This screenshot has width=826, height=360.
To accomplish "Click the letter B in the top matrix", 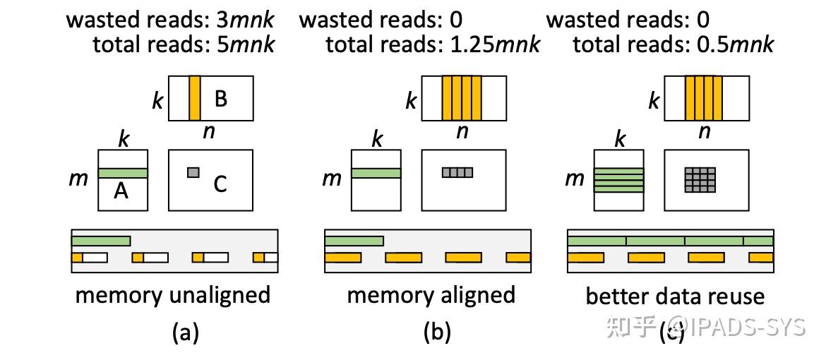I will (x=220, y=99).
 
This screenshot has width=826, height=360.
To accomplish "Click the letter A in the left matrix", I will (x=121, y=191).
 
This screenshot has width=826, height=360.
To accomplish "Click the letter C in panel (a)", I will (x=220, y=185).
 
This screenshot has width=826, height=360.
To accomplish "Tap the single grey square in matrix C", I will (x=193, y=172).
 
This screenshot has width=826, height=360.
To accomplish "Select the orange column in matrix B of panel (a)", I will (x=195, y=98).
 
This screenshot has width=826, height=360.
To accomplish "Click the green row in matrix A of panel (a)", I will (x=123, y=173).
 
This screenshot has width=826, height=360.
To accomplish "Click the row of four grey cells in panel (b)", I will (x=457, y=172).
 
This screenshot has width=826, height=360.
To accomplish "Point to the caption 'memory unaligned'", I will (x=172, y=294).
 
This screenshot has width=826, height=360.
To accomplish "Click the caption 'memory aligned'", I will (x=431, y=294).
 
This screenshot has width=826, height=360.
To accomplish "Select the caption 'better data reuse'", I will (x=674, y=296).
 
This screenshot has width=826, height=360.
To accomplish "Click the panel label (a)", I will (x=185, y=332).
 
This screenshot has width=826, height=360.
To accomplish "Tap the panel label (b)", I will (x=436, y=332).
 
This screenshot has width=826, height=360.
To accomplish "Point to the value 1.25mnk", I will (x=494, y=45).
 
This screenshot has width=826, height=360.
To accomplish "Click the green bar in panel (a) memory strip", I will (x=100, y=241).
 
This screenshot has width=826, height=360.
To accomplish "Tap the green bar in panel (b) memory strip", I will (x=354, y=241).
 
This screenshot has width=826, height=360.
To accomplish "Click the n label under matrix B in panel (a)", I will (x=209, y=132).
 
